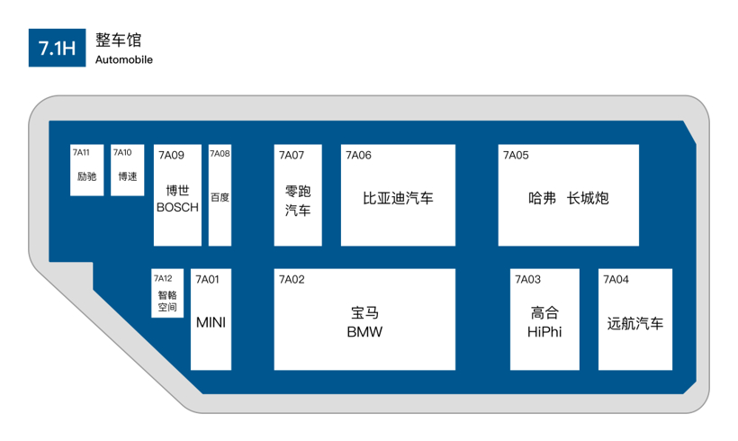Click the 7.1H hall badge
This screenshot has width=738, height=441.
[x=57, y=48]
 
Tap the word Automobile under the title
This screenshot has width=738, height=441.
[x=123, y=60]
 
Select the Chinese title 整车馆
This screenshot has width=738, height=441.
[x=118, y=40]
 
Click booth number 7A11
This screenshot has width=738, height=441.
[x=81, y=153]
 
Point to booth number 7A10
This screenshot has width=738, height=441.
[x=121, y=153]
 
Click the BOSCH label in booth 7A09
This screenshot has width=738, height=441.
[x=177, y=207]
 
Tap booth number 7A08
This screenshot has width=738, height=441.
[x=220, y=154]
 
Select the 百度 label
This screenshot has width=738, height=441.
[x=220, y=197]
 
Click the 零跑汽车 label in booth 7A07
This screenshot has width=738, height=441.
[x=298, y=201]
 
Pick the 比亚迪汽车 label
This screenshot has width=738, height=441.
[x=398, y=198]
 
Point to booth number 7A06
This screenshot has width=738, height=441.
[x=358, y=156]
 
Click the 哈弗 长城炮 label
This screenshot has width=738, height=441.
[x=568, y=198]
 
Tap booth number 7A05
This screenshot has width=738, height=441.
[x=516, y=156]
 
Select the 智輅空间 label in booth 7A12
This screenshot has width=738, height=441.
[x=167, y=301]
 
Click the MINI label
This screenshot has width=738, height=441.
[x=211, y=322]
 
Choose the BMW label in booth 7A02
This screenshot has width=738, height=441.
[x=364, y=332]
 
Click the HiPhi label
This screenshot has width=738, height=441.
[x=544, y=332]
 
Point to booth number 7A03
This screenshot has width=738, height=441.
[x=527, y=280]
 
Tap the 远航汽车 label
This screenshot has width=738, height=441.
[x=634, y=323]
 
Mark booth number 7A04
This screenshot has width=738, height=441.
[x=616, y=280]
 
